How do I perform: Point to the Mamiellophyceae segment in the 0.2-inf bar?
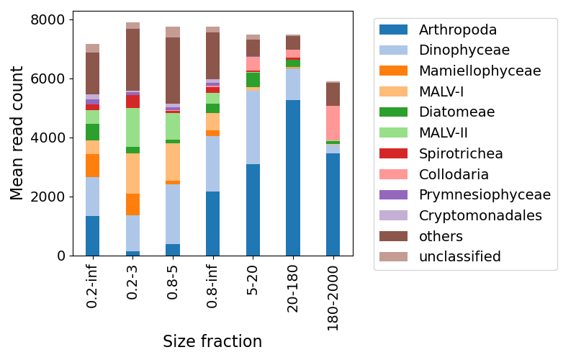point(93,166)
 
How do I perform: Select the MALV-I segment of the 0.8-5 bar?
point(173,162)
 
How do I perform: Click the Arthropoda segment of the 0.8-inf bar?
point(212,223)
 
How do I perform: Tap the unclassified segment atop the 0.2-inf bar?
point(93,48)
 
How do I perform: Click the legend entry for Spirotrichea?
point(461,153)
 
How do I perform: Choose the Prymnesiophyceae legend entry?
point(485,195)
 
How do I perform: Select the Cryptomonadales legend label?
point(480,215)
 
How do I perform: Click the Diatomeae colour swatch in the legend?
point(393,112)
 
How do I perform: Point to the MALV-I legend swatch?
point(393,91)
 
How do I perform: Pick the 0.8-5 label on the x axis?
point(173,280)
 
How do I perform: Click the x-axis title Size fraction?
point(212,341)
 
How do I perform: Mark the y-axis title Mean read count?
point(17,133)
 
